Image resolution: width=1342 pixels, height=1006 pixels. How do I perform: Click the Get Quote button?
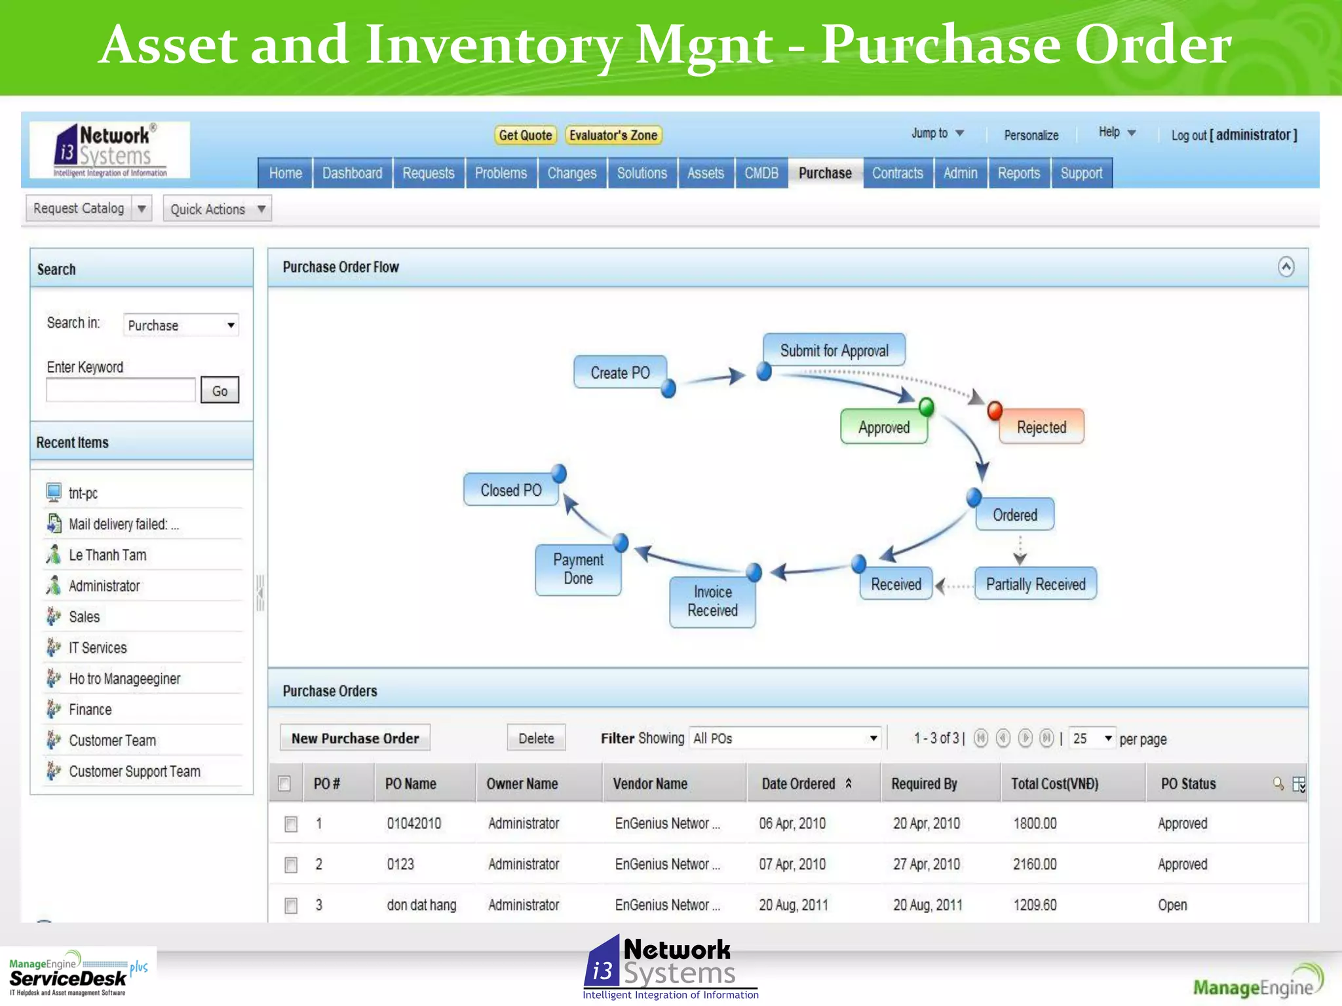(525, 136)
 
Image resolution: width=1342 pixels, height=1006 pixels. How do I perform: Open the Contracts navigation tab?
(897, 174)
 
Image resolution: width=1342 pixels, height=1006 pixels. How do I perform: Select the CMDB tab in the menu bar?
(761, 174)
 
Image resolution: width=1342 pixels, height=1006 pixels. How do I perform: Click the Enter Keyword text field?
(121, 391)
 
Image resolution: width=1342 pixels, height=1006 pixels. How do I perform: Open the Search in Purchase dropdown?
(181, 326)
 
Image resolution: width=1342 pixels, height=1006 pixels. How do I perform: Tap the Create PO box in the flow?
(620, 373)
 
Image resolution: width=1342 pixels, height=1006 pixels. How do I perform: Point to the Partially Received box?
(1035, 584)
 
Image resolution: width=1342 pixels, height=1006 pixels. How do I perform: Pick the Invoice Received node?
(712, 601)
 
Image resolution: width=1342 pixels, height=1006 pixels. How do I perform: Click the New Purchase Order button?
(355, 738)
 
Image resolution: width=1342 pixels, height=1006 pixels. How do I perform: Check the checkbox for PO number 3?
(291, 906)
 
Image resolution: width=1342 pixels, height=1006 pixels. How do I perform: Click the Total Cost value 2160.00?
(1035, 865)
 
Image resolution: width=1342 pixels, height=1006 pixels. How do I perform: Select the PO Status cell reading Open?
(1172, 905)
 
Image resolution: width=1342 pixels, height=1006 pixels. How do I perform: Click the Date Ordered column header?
(798, 784)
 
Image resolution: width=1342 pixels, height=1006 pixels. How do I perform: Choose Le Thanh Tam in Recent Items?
(107, 555)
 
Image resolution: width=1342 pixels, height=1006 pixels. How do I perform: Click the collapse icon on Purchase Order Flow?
(1286, 267)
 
